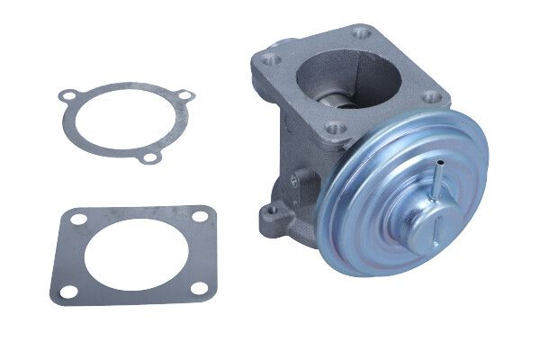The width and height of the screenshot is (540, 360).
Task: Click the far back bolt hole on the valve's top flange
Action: point(362,36)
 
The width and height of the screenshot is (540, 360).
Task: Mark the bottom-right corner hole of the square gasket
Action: point(200,288)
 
